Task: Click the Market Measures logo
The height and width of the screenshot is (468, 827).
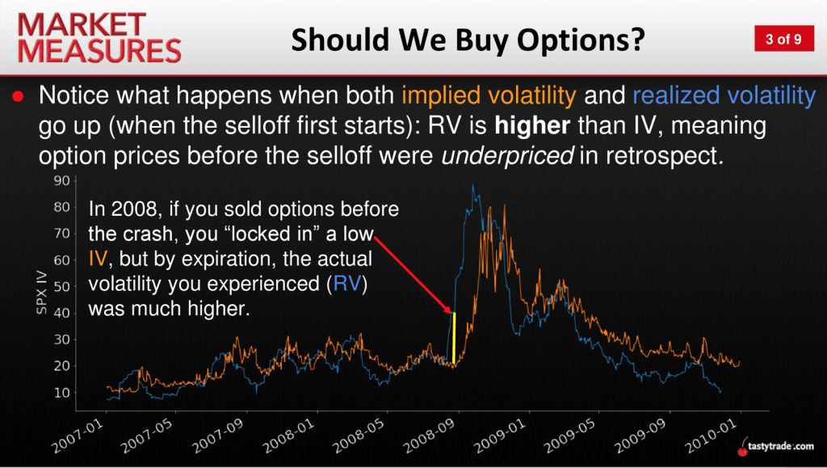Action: pyautogui.click(x=99, y=38)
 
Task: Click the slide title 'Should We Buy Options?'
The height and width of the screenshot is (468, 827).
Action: pyautogui.click(x=468, y=40)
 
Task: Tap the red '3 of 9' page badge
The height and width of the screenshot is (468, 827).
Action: pyautogui.click(x=783, y=39)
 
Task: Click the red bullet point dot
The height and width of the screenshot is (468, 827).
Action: pyautogui.click(x=19, y=96)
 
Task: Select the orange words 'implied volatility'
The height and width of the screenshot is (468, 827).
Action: pyautogui.click(x=489, y=95)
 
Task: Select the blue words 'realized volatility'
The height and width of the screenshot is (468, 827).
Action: pyautogui.click(x=724, y=95)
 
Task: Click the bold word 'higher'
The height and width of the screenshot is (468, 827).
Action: pyautogui.click(x=532, y=125)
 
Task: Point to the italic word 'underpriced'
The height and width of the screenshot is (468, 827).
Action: pyautogui.click(x=507, y=156)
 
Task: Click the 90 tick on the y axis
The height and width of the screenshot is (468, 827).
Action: pyautogui.click(x=61, y=180)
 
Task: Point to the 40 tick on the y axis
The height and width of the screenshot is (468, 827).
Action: pyautogui.click(x=61, y=313)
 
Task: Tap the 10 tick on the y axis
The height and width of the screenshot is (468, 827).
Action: pyautogui.click(x=61, y=393)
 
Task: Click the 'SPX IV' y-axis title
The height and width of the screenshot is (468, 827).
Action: pyautogui.click(x=42, y=293)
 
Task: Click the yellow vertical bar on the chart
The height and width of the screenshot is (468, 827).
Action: pyautogui.click(x=454, y=338)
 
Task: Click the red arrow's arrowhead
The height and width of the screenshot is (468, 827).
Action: pyautogui.click(x=447, y=310)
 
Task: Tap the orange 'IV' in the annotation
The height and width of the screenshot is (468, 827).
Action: pyautogui.click(x=98, y=259)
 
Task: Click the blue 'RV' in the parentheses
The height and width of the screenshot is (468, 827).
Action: pyautogui.click(x=347, y=284)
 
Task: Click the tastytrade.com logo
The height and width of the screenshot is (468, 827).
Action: pyautogui.click(x=776, y=446)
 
